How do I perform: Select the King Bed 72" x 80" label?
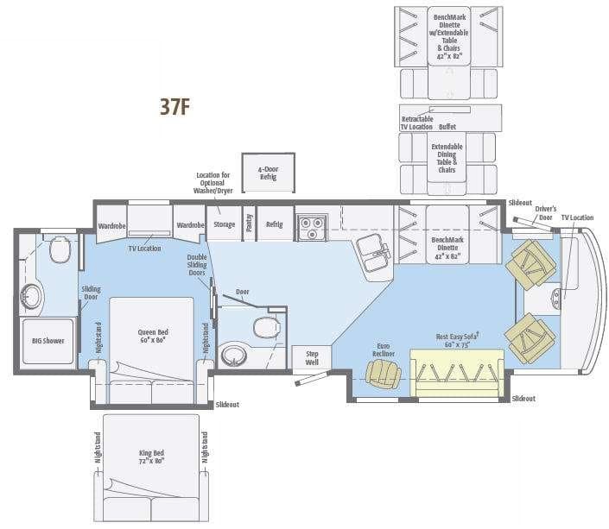(x=150, y=457)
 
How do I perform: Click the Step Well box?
(x=312, y=356)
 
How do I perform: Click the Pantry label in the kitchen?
(x=249, y=224)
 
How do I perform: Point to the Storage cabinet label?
(x=224, y=224)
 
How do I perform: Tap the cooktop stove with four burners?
(x=311, y=228)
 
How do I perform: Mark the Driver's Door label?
(x=544, y=213)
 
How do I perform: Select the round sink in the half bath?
(x=232, y=355)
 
